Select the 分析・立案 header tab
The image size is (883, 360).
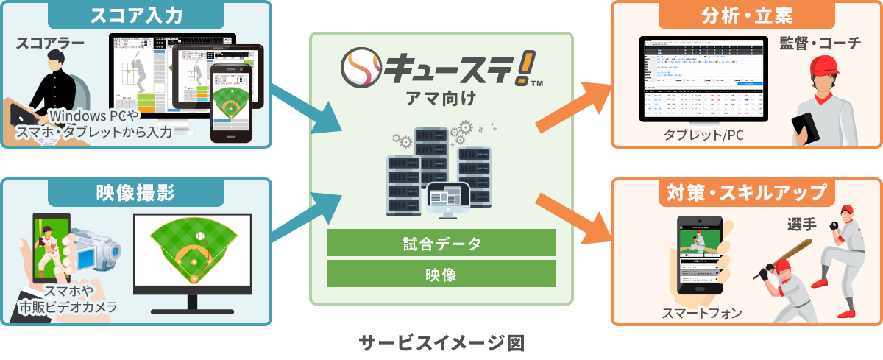coord(746,15)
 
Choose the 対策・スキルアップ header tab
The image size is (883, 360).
coord(746,194)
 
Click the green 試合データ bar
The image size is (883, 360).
coord(441,242)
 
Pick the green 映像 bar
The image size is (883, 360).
coord(441,274)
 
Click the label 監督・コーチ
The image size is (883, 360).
coord(820,43)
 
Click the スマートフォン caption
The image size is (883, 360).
coord(702,313)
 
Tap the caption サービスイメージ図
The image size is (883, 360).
coord(441,342)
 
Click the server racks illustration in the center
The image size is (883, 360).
coord(439,173)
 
